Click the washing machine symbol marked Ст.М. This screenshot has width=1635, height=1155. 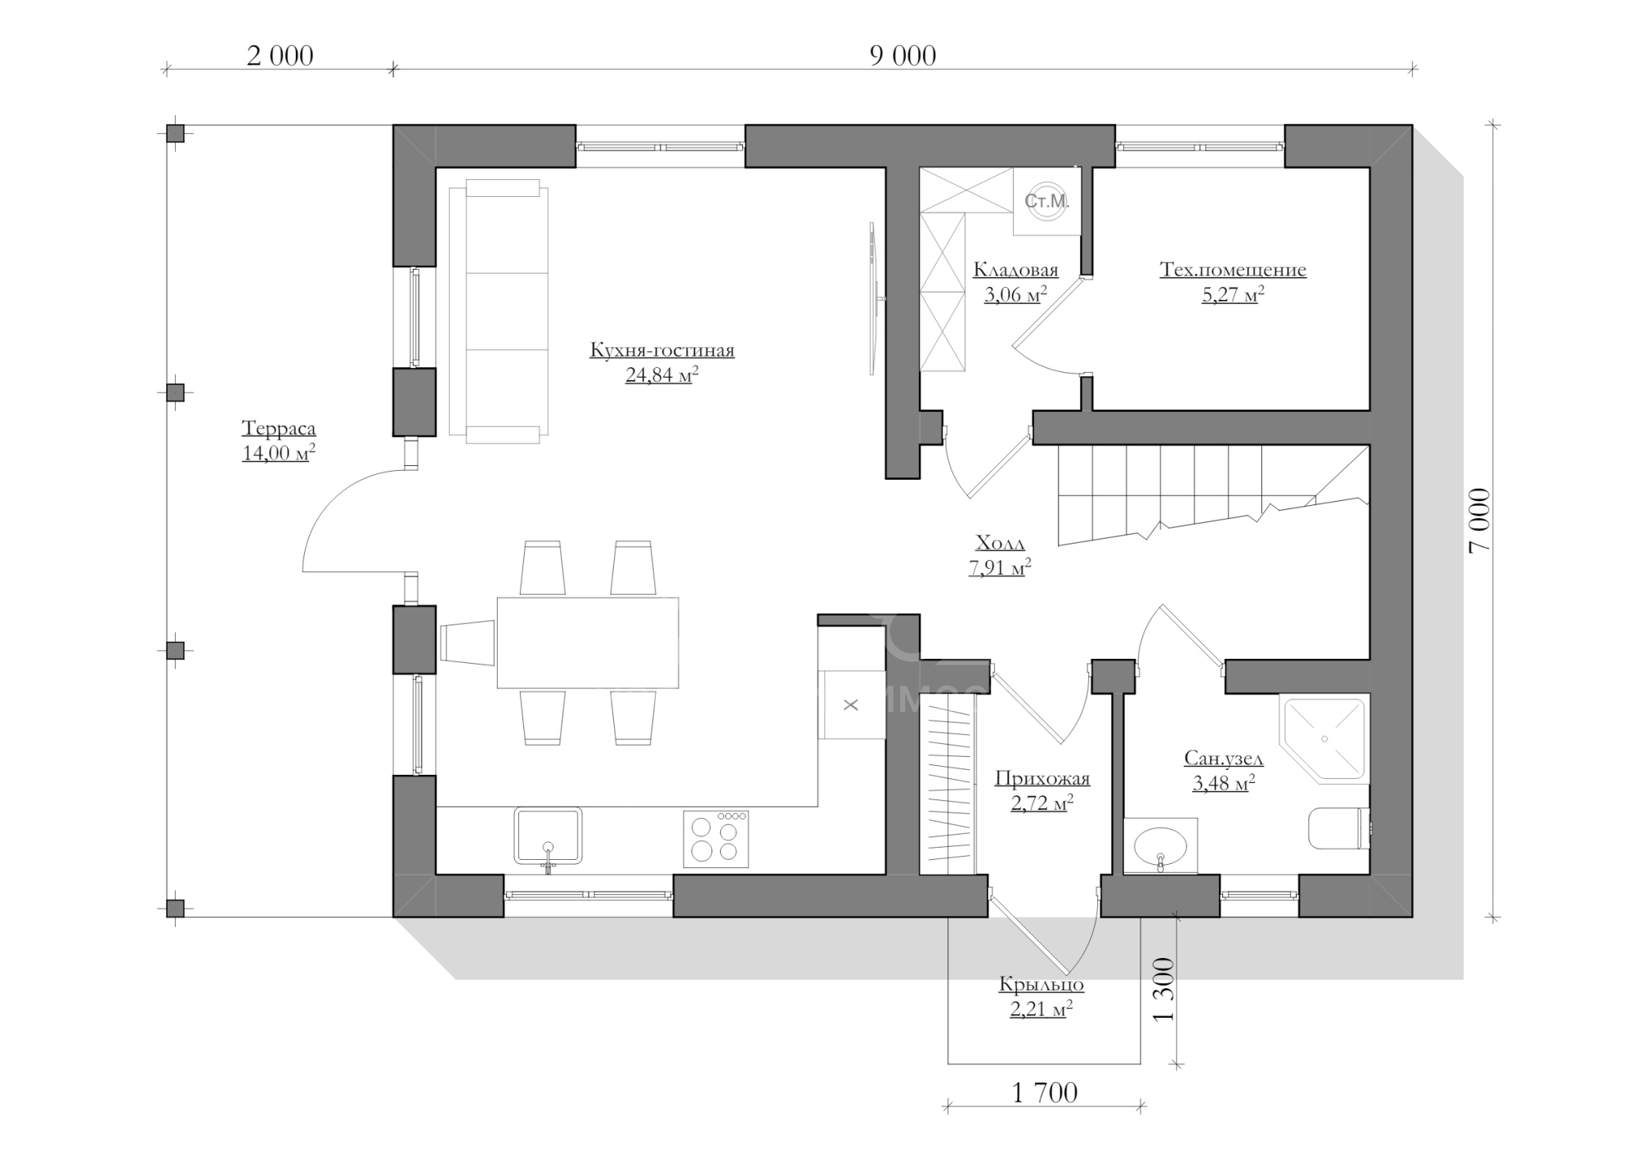click(1047, 201)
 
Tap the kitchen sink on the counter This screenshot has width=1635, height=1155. click(548, 835)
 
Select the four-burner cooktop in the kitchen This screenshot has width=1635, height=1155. click(716, 839)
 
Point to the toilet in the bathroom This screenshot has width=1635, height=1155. click(1339, 829)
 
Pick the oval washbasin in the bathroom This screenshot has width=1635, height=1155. click(1160, 846)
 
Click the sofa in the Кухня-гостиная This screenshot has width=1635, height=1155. click(499, 311)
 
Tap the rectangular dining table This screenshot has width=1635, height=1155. click(588, 642)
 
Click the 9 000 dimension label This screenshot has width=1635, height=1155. click(903, 56)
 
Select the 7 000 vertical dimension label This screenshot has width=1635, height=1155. click(1480, 521)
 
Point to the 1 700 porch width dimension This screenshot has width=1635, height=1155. click(1045, 1092)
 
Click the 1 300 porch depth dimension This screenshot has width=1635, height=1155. click(1162, 989)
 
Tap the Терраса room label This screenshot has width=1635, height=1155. click(279, 429)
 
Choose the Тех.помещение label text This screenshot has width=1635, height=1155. click(1233, 270)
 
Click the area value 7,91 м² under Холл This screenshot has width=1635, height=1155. click(1000, 567)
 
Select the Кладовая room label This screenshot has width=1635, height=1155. click(1015, 271)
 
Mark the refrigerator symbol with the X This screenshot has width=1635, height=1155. click(851, 705)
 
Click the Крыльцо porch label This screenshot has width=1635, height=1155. click(1041, 984)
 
